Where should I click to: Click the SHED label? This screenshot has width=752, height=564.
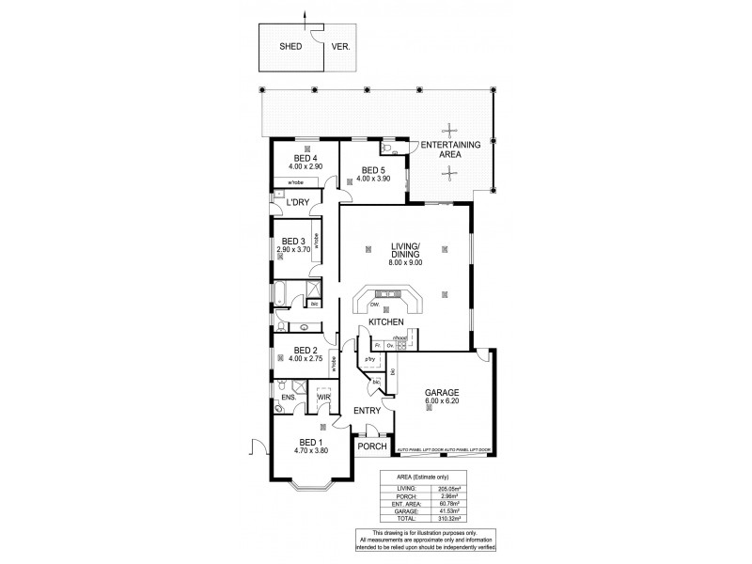290,45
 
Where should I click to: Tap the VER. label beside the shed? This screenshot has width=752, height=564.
340,45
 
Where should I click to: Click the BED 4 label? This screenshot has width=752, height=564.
305,158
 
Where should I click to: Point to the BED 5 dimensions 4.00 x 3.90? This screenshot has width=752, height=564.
372,179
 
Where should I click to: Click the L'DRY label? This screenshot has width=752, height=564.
297,202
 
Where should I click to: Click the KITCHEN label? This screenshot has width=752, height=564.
385,322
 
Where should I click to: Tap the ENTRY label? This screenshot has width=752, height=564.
366,412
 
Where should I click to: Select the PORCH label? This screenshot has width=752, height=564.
372,447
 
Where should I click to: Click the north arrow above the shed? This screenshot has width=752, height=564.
305,13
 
